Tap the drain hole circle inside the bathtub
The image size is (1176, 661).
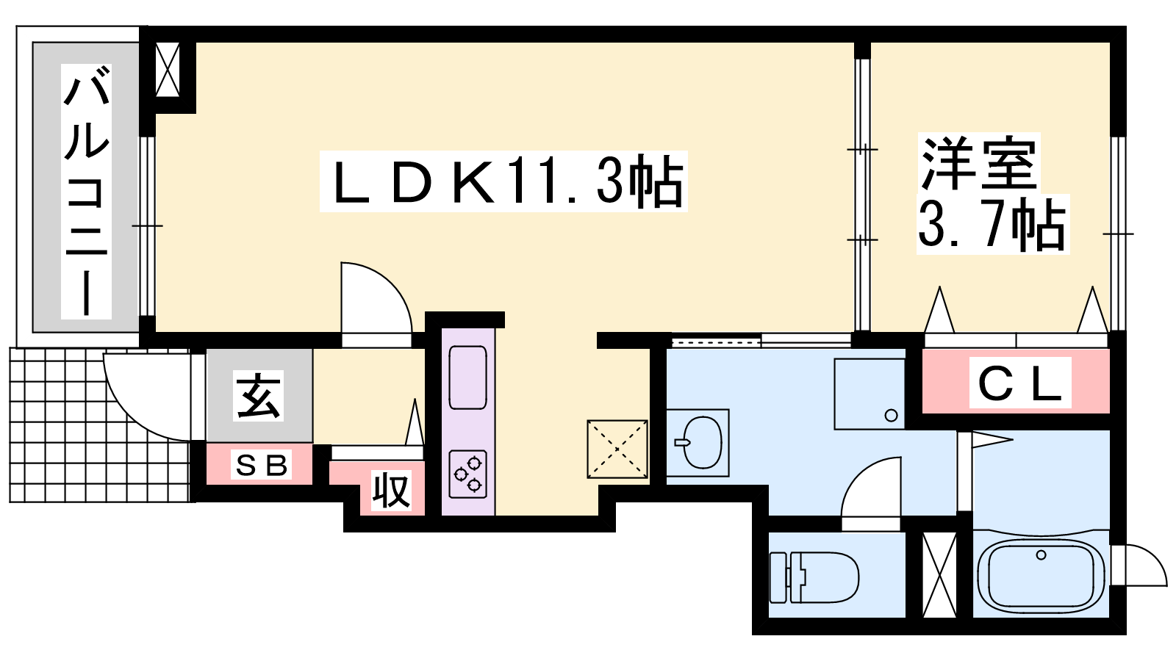tap(1041, 555)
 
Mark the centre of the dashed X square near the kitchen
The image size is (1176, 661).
tap(617, 449)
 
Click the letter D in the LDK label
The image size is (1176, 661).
tap(412, 183)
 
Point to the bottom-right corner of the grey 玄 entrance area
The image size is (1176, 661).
tap(312, 441)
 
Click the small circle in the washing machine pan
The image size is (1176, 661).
tap(891, 416)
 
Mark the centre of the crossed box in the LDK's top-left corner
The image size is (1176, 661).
tap(168, 70)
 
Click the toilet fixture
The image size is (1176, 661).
tap(814, 577)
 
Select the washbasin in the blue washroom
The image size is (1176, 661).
tap(698, 442)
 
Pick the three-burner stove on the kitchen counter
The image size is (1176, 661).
tap(467, 474)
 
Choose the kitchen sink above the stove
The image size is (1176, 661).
tap(467, 378)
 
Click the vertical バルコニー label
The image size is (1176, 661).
tap(86, 192)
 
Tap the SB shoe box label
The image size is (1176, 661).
tap(261, 465)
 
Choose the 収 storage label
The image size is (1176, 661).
tap(391, 491)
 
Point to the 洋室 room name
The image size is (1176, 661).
tap(978, 163)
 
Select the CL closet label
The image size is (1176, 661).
tap(1019, 383)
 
